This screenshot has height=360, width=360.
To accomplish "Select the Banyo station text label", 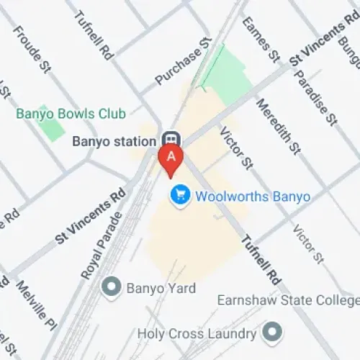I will click(x=114, y=142).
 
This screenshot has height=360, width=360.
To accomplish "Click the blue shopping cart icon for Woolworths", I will click(x=179, y=195).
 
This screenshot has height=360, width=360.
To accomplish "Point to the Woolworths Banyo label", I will click(x=243, y=196).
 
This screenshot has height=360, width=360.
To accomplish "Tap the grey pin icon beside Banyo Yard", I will click(x=112, y=288).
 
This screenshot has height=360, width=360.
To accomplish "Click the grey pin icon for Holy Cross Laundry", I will click(x=271, y=333).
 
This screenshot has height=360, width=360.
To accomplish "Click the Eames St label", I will click(x=260, y=39).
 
